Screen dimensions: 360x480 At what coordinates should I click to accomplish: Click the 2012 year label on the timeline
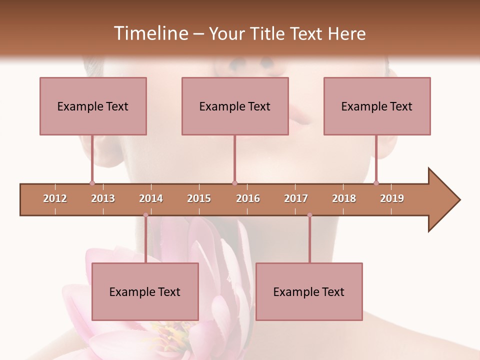coord(55,198)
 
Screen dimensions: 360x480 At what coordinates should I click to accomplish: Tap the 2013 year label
coord(103,198)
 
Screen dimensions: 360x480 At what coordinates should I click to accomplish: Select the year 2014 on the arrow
coord(151,198)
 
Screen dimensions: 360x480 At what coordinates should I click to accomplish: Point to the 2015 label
coord(199,198)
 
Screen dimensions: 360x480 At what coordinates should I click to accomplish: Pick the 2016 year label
coord(248,198)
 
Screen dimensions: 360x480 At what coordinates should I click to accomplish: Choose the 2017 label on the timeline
coord(296,198)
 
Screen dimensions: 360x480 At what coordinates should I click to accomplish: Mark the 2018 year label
coord(344,198)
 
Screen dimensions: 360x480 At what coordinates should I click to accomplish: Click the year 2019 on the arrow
coord(392,198)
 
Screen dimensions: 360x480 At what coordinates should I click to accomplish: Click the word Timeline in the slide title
coord(150,33)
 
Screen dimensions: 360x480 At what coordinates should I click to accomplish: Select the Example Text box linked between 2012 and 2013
coord(93,106)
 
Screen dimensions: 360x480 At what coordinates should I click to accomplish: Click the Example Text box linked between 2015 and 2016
coord(235,106)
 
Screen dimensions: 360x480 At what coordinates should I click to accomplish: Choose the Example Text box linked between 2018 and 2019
coord(377,106)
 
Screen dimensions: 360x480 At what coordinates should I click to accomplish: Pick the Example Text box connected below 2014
coord(145,291)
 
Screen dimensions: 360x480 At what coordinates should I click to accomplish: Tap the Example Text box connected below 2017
coord(309,291)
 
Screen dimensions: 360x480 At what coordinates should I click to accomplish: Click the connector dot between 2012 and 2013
coord(92,183)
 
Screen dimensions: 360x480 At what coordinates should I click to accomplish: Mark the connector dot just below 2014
coord(145,215)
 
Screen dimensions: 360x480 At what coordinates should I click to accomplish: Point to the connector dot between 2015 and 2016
coord(234,183)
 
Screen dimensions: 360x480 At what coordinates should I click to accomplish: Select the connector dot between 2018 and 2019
coord(376,183)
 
